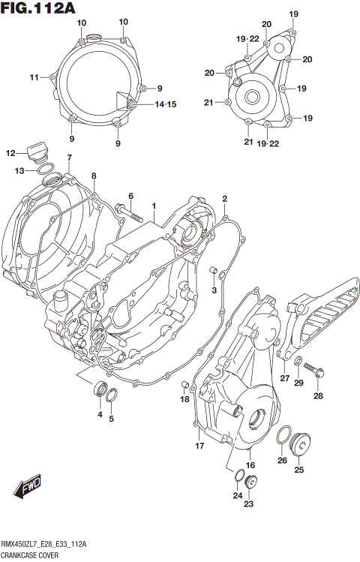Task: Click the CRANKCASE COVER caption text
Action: (x=34, y=554)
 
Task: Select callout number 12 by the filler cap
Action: (x=11, y=153)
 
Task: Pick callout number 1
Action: (x=153, y=205)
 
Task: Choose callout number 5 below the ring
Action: (x=112, y=419)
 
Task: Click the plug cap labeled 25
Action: (x=303, y=444)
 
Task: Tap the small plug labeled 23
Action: (x=251, y=482)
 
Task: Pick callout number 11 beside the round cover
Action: (x=34, y=77)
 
